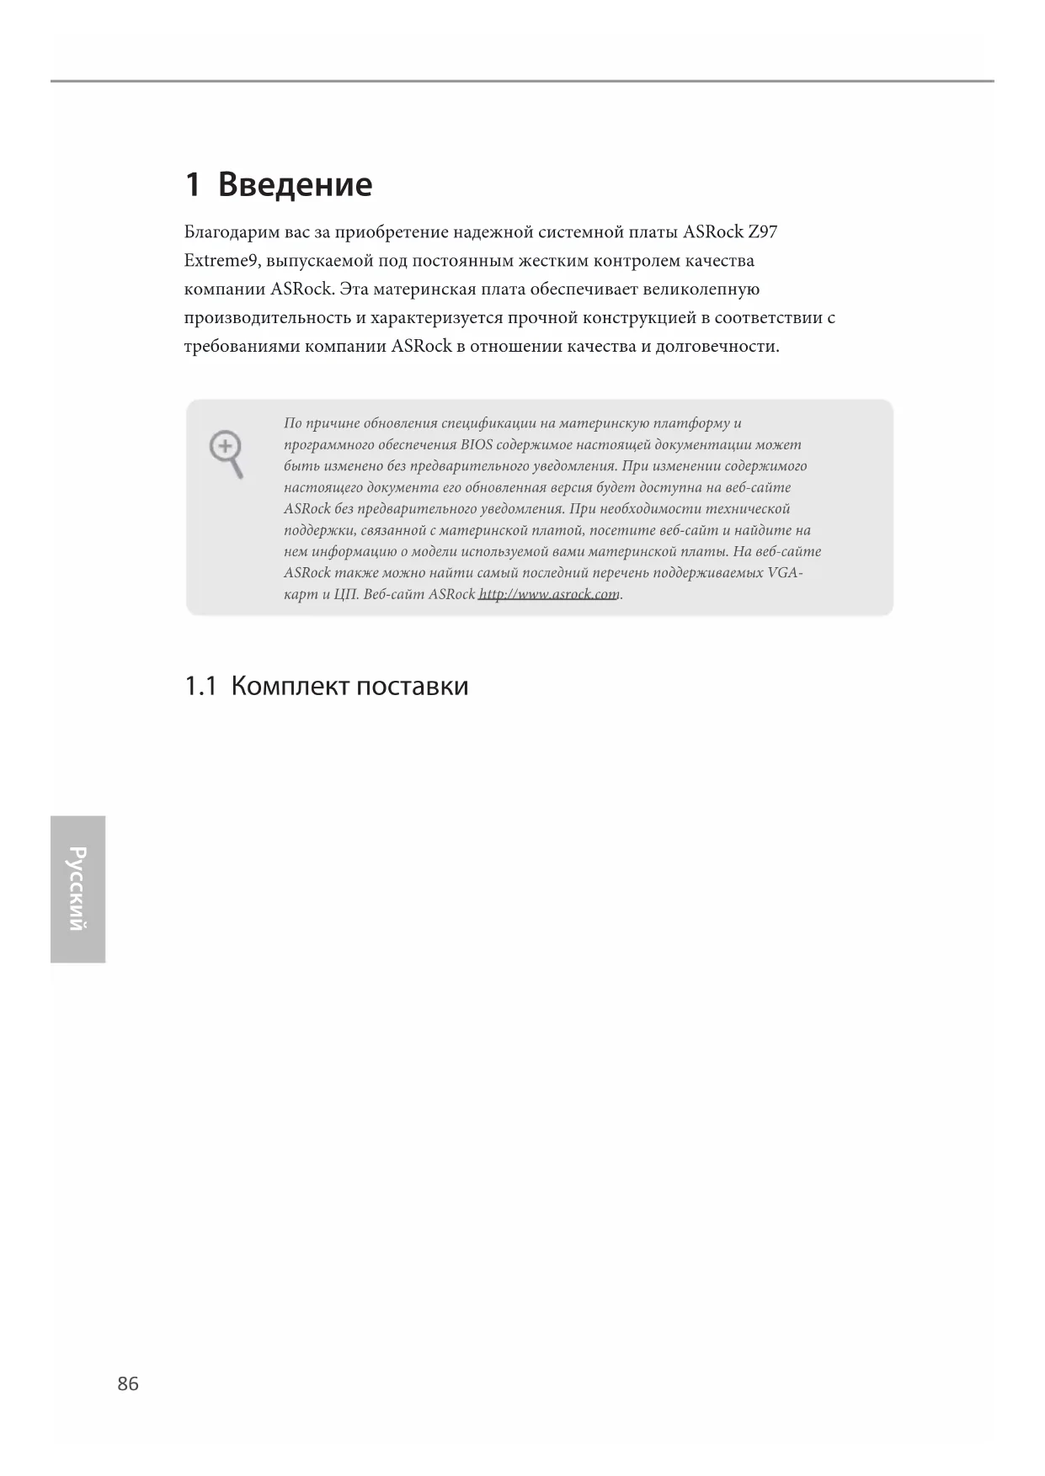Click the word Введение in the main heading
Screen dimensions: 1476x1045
[x=295, y=184]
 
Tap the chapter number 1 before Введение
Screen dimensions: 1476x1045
[x=193, y=184]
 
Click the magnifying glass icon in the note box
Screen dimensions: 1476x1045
[x=227, y=454]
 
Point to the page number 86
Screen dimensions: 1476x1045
[x=128, y=1383]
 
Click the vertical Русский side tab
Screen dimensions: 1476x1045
[x=77, y=889]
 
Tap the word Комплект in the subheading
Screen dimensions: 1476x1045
[x=289, y=687]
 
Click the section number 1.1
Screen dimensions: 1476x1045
[x=200, y=687]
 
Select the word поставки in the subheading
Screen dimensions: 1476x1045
[x=412, y=687]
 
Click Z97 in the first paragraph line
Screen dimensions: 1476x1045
[x=762, y=231]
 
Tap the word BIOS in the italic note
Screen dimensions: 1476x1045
[x=477, y=444]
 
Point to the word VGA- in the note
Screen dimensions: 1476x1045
[x=786, y=573]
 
